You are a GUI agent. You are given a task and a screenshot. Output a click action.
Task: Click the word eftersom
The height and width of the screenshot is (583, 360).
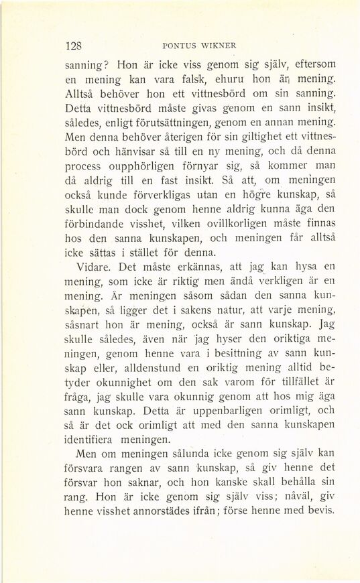(304, 66)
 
